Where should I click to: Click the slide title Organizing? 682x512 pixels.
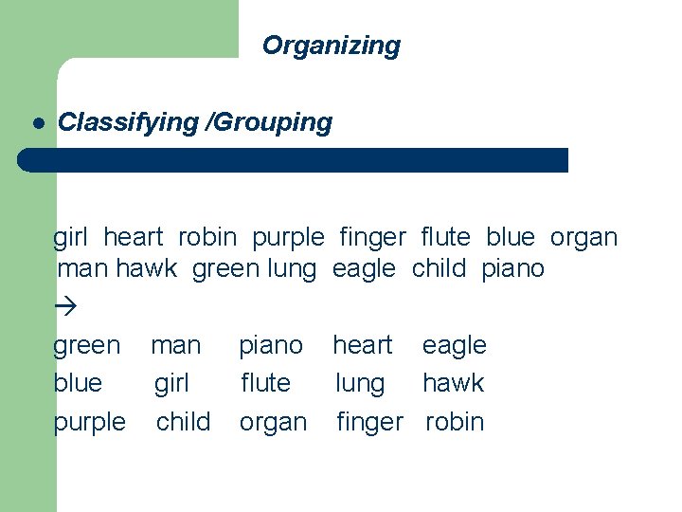click(x=331, y=46)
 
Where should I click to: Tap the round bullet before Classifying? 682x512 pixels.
click(x=39, y=123)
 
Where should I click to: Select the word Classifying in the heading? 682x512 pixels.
click(x=128, y=122)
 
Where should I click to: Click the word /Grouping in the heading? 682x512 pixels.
click(x=269, y=122)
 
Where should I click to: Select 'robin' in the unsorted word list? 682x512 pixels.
click(x=206, y=237)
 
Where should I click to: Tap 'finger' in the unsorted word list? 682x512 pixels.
click(x=372, y=237)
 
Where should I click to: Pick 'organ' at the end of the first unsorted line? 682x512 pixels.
click(x=583, y=237)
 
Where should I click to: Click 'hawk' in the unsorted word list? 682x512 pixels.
click(x=147, y=269)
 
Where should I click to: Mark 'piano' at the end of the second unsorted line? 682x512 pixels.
click(x=512, y=269)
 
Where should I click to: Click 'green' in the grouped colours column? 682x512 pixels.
click(x=87, y=346)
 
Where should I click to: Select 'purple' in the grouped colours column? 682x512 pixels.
click(x=89, y=423)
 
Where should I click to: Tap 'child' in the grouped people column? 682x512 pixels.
click(x=184, y=422)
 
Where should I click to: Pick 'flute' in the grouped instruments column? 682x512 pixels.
click(x=265, y=383)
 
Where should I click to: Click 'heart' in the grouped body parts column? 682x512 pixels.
click(x=362, y=345)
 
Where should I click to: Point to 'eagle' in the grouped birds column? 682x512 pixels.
click(x=454, y=346)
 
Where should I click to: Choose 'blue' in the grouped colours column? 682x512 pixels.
click(x=78, y=383)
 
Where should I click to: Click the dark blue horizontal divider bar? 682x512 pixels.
click(x=294, y=159)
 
